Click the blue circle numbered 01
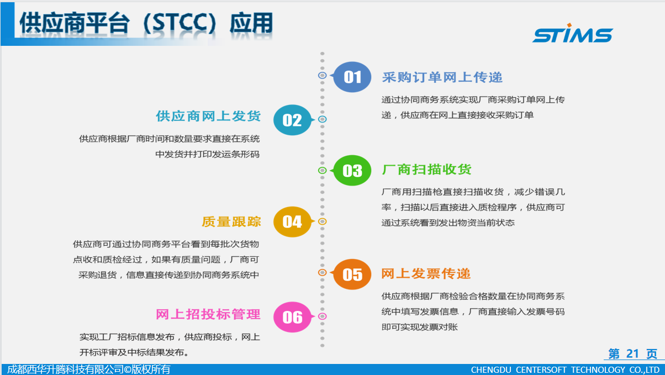point(352,77)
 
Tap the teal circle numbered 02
point(292,120)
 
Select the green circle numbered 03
point(352,171)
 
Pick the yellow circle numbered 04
point(292,222)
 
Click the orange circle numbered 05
point(352,274)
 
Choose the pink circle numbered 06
point(292,317)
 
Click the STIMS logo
point(573,33)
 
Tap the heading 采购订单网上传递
point(442,77)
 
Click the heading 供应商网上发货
point(208,116)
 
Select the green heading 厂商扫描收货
point(426,170)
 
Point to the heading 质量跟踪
point(231,222)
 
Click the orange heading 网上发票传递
point(426,274)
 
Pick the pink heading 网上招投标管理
point(208,314)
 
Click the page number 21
point(632,353)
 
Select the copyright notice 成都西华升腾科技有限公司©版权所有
point(88,369)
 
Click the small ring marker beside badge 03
point(323,171)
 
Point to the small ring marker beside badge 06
point(323,316)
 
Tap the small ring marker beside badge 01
point(323,76)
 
